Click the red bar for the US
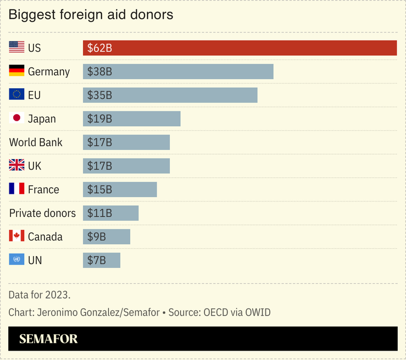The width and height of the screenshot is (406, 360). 240,48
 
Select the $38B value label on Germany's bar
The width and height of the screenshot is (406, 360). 99,72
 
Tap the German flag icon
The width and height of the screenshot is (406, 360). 16,71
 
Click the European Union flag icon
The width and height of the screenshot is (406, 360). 16,94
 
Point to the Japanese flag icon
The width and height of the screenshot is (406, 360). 16,118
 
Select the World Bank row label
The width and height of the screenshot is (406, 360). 36,142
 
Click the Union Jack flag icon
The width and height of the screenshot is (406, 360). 16,165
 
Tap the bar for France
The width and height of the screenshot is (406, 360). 120,189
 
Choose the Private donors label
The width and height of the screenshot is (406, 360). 42,213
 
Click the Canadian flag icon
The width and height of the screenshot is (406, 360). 16,236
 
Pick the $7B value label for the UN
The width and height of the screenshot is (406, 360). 97,261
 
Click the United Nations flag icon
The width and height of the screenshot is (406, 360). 16,260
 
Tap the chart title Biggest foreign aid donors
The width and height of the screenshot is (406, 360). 91,15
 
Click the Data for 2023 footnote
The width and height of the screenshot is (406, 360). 40,295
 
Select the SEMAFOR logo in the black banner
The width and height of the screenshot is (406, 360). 48,339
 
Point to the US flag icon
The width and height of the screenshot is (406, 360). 16,47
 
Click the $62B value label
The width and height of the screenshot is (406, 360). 99,48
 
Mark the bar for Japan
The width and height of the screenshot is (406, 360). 131,119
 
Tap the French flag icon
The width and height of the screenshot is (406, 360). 16,189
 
